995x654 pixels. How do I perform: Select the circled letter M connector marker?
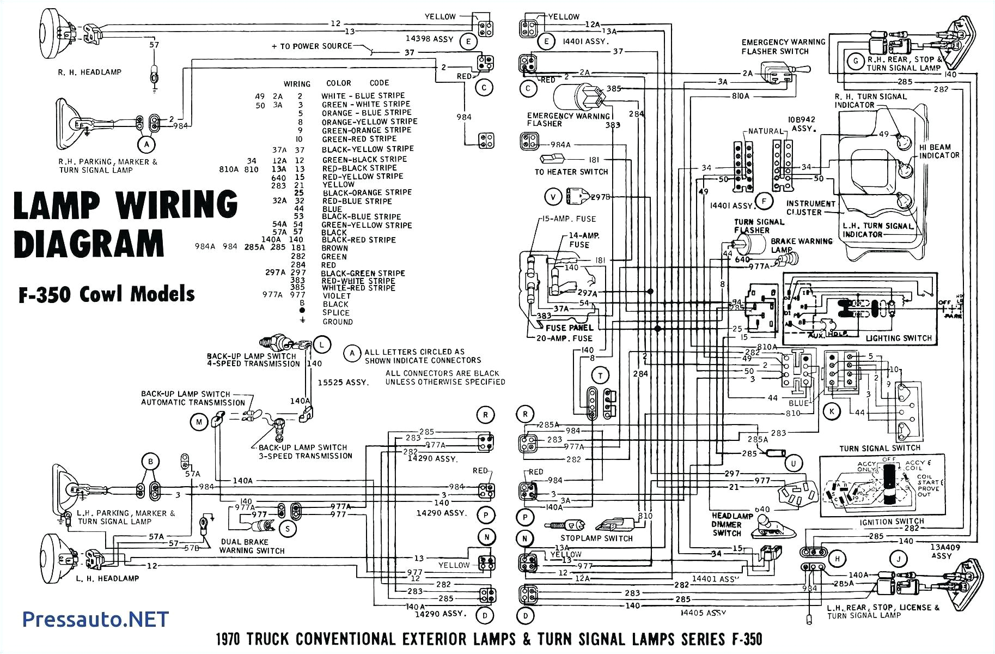[x=199, y=421]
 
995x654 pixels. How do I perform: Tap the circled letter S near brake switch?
[x=287, y=528]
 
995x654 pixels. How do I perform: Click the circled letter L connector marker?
[x=322, y=344]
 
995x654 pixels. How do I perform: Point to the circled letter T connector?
[x=600, y=376]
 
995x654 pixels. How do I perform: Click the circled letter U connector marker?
[x=793, y=463]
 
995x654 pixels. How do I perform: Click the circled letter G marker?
[x=856, y=61]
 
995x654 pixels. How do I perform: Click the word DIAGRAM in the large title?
[x=88, y=244]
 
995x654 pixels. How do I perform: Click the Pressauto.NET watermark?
[x=96, y=619]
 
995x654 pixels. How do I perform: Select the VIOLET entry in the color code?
[x=337, y=296]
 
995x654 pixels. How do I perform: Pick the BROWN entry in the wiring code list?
[x=334, y=248]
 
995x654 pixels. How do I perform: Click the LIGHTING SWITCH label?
[x=899, y=338]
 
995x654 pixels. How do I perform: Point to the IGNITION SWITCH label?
[x=892, y=521]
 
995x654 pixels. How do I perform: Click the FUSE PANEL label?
[x=569, y=328]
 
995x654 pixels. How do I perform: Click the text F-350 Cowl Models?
[x=107, y=294]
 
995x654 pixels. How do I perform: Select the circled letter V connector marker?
[x=553, y=196]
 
